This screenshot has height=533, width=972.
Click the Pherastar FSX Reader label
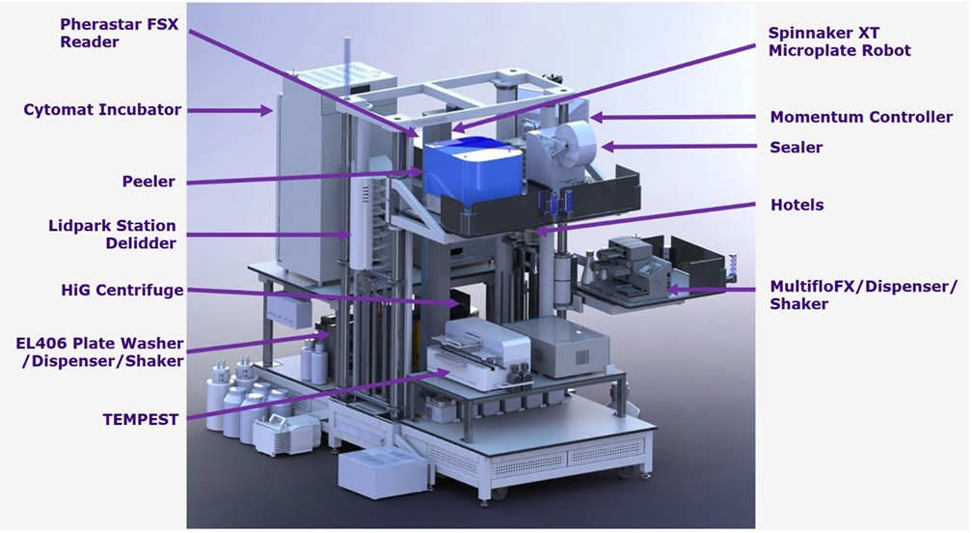[x=119, y=33]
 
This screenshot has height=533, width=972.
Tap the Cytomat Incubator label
[x=102, y=110]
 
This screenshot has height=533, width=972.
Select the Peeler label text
[x=148, y=182]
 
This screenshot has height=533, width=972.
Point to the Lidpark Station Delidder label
[x=112, y=234]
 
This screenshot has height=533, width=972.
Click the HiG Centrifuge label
[x=122, y=290]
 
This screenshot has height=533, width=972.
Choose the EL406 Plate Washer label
[x=100, y=351]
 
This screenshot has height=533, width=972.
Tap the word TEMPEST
[x=141, y=419]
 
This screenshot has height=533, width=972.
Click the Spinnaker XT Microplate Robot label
[x=839, y=42]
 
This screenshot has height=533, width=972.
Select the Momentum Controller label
[x=861, y=117]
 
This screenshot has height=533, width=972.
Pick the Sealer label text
[x=796, y=147]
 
